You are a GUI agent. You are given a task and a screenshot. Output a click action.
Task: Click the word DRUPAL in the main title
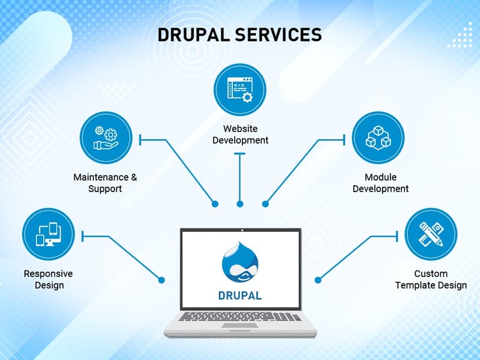coord(193,35)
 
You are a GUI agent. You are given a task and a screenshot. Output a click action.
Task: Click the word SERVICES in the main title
coord(278,35)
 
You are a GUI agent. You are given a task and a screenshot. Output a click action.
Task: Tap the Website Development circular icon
coord(240,90)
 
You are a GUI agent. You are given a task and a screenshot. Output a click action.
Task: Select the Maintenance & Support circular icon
coord(106,138)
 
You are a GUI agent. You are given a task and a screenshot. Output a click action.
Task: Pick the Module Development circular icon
coord(378,138)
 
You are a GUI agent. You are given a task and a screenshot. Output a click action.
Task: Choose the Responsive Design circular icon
coord(49,234)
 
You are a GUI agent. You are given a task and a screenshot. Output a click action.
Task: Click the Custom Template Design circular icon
coord(431,234)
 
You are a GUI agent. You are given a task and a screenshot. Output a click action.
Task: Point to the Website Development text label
coord(240,134)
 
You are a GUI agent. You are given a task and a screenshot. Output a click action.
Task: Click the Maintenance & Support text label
coord(106,183)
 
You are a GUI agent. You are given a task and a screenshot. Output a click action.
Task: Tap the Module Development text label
coord(381,183)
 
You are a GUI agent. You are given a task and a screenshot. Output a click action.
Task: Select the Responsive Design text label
coord(49,279)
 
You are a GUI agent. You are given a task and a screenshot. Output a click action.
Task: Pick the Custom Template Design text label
coord(431,279)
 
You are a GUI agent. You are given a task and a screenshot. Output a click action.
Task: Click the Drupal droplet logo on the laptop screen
coord(240,262)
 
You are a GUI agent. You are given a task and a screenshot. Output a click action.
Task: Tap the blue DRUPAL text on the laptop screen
coord(240,296)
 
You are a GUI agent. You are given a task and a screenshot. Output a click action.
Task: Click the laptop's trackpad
coord(240,325)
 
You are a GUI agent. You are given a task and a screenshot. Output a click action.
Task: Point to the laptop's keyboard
coord(240,316)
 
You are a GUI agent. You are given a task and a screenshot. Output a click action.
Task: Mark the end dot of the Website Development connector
coord(240,204)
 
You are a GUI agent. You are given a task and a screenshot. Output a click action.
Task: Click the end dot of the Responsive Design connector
coord(161,280)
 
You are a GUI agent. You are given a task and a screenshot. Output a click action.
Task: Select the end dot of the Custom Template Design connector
coord(318,280)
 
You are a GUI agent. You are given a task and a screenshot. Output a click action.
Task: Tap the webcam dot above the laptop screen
coord(242,230)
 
